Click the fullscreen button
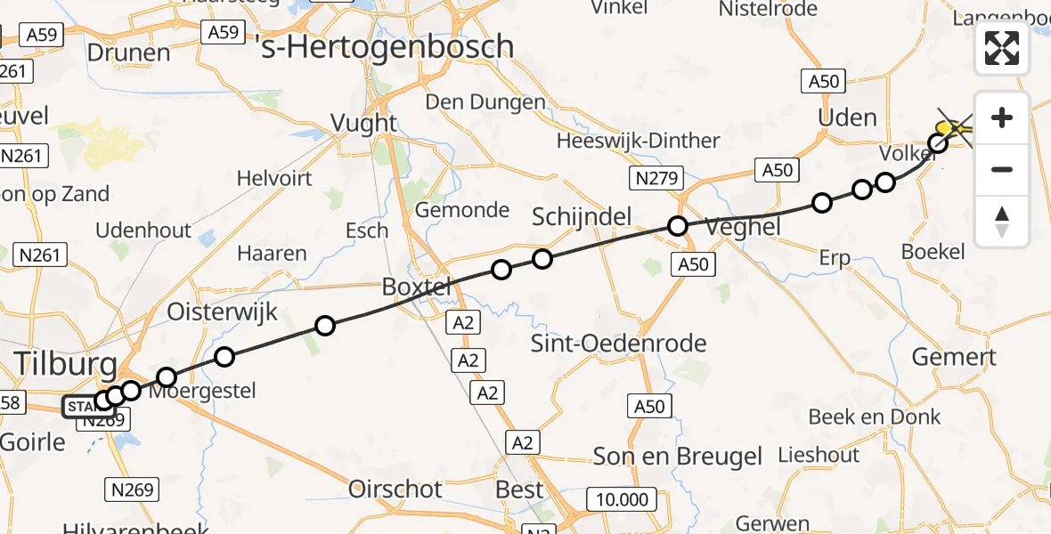[1002, 48]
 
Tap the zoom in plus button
[1002, 117]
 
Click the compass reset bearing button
[1002, 222]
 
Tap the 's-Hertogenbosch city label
[385, 46]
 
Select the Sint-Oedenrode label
[618, 344]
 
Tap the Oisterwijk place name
[223, 312]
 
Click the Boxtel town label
[417, 287]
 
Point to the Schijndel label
[582, 216]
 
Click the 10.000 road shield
[621, 499]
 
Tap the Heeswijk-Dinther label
[638, 141]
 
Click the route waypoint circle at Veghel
[678, 226]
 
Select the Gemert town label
[954, 358]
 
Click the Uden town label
[847, 117]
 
